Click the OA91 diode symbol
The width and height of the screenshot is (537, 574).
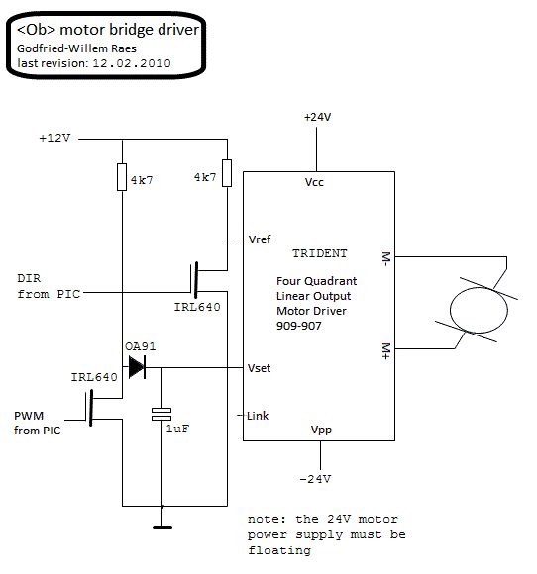[x=137, y=367]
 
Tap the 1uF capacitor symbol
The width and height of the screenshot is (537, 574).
[x=161, y=414]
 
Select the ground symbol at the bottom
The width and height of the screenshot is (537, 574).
[x=162, y=527]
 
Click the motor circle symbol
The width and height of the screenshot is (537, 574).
[x=479, y=310]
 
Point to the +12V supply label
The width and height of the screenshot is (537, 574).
[x=54, y=138]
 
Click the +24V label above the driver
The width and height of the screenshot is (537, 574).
[x=317, y=117]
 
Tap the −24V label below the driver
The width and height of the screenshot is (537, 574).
[x=315, y=479]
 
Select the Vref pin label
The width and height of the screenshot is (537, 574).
[x=260, y=239]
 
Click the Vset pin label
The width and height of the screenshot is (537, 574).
[x=260, y=368]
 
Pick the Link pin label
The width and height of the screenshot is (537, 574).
[x=258, y=416]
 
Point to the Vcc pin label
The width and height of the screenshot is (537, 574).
[x=314, y=182]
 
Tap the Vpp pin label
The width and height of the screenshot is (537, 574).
[x=321, y=430]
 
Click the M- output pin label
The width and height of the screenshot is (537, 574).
[x=386, y=259]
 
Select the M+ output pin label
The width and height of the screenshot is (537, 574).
[x=386, y=351]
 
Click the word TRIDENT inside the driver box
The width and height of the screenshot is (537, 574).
[x=320, y=253]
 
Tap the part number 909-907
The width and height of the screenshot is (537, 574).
[x=299, y=326]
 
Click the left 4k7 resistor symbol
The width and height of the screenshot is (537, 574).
[x=122, y=177]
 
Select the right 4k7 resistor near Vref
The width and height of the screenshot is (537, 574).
[x=227, y=173]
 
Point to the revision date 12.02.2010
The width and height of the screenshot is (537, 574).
[x=132, y=63]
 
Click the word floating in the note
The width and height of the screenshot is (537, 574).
[x=279, y=550]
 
